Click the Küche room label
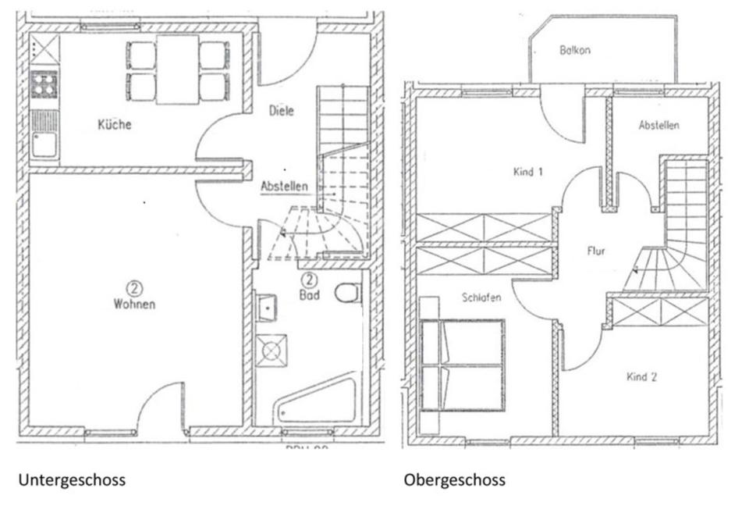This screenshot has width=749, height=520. [x=114, y=125]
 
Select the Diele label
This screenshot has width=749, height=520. [x=282, y=111]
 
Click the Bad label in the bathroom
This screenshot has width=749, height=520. [x=309, y=294]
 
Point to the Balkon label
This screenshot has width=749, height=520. [x=574, y=51]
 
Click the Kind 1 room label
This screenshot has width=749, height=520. [x=528, y=172]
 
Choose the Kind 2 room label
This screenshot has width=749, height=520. [x=641, y=377]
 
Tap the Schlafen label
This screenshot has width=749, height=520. [x=481, y=297]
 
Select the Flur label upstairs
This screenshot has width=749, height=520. [x=597, y=251]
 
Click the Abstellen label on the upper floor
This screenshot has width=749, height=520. [x=658, y=125]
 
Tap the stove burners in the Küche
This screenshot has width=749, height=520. [x=43, y=84]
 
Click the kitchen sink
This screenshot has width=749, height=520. [x=44, y=141]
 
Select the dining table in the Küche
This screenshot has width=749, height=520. [x=178, y=69]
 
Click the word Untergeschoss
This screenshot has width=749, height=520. [x=71, y=479]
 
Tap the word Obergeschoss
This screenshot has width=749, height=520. [x=454, y=479]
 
